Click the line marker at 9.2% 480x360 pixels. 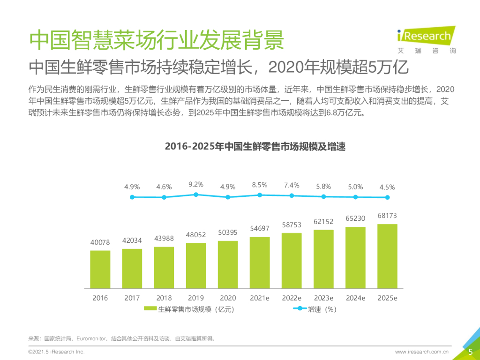pos(196,195)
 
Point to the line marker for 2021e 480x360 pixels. pos(260,195)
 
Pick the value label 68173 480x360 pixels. pos(387,216)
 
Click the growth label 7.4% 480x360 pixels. pos(292,186)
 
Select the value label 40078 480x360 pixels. pos(100,242)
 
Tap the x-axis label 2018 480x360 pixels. pos(164,298)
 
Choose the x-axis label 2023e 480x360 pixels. pos(323,298)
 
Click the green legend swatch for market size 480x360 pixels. pos(150,309)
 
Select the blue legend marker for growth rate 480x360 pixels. pos(299,309)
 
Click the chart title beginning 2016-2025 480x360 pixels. pos(255,147)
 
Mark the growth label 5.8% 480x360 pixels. pos(323,187)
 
